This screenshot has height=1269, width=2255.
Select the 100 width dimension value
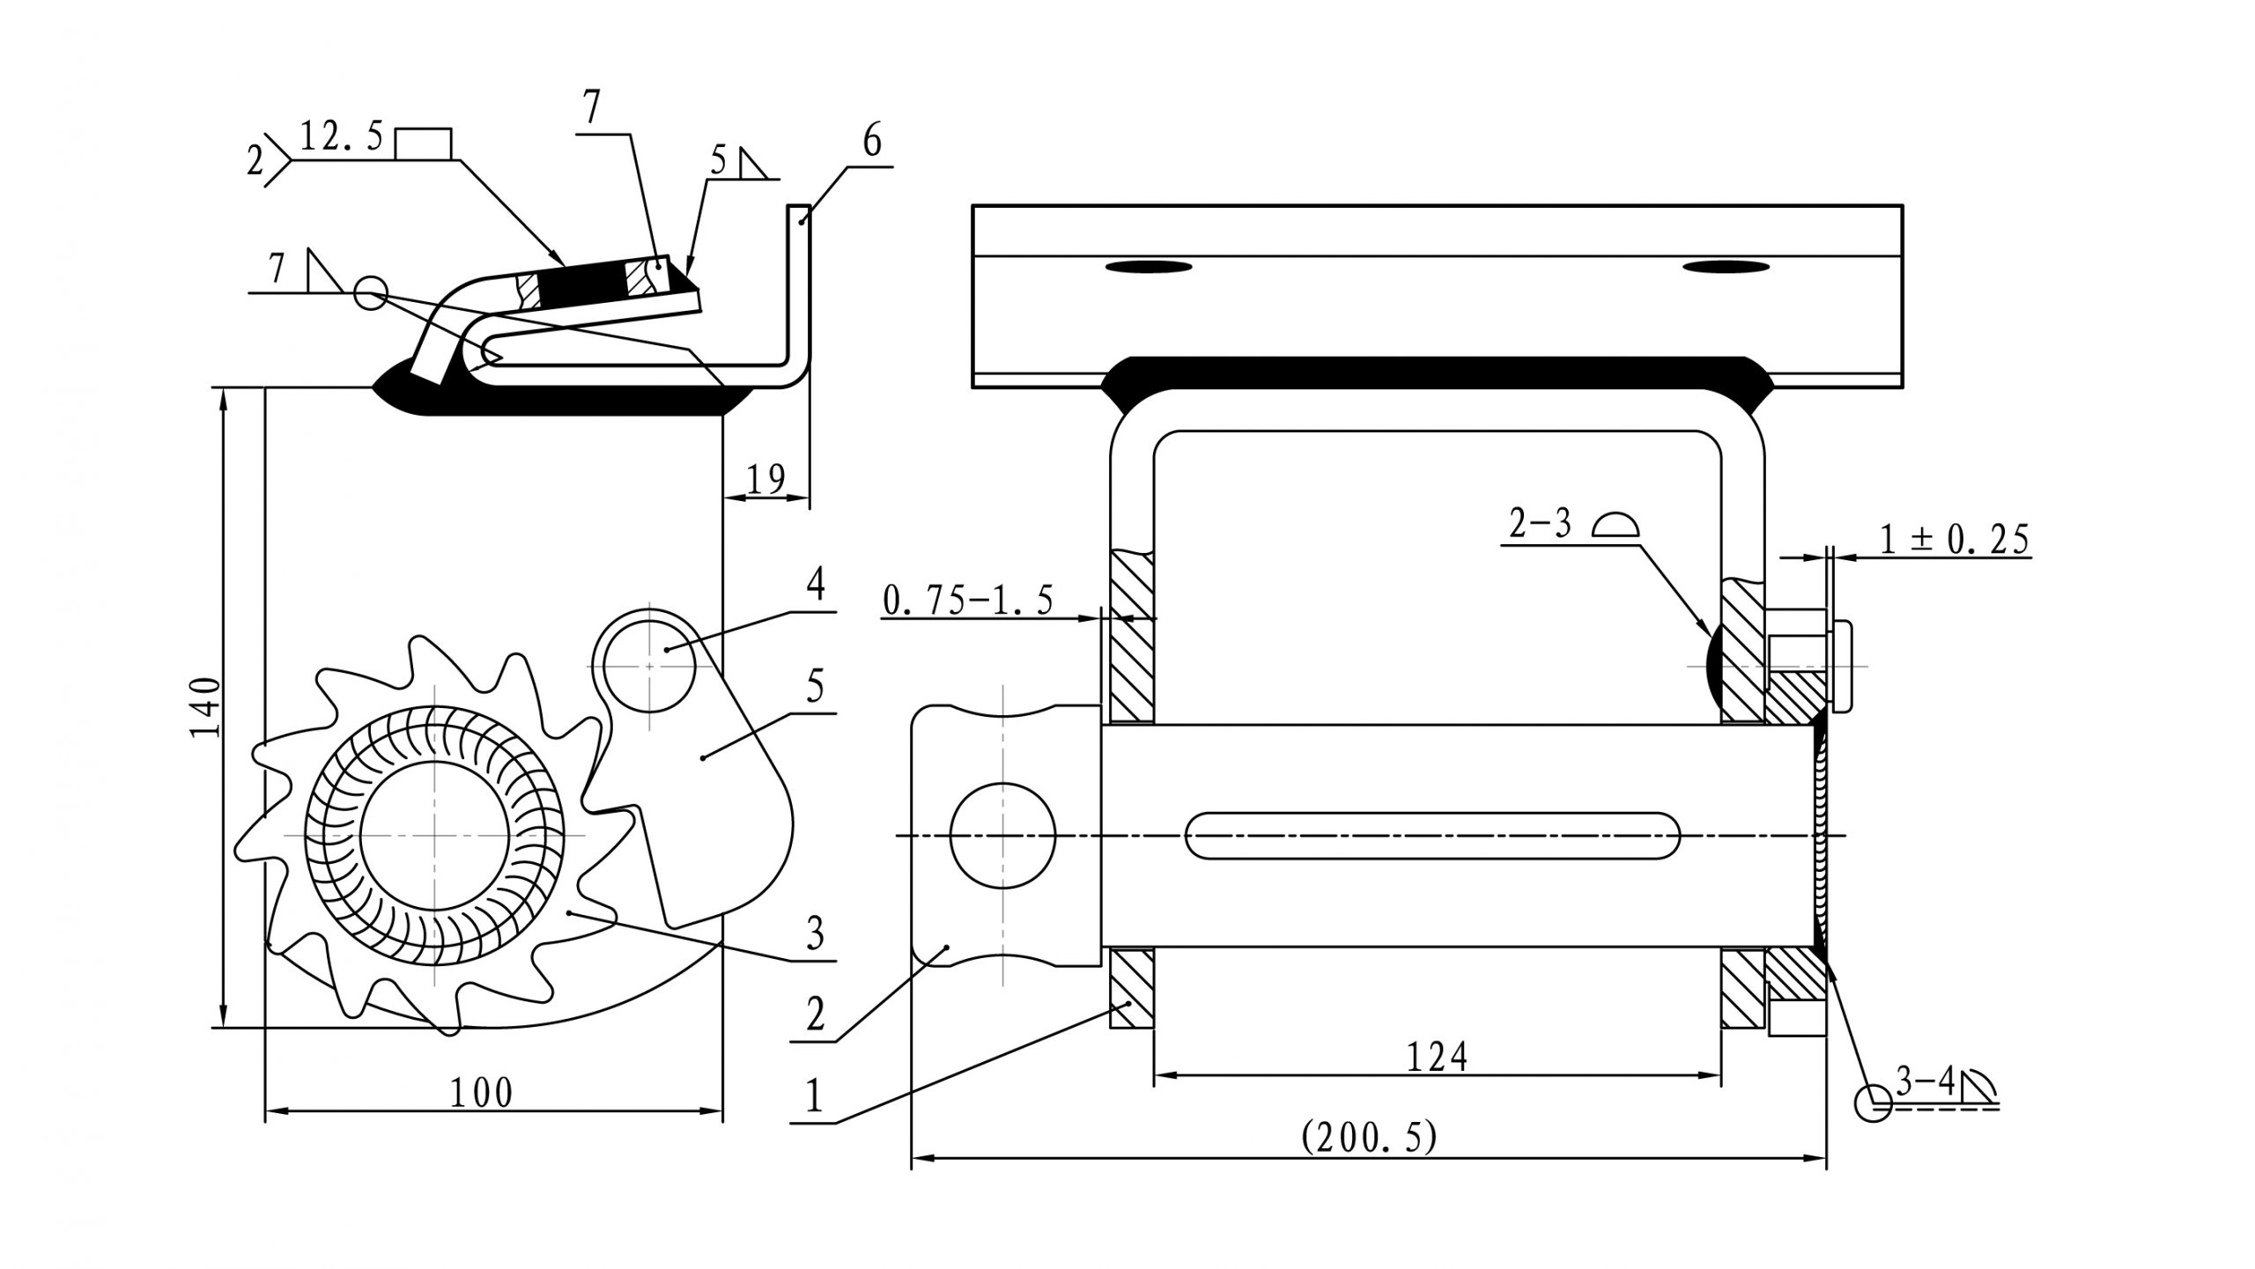[481, 1093]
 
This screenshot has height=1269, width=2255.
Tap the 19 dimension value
[765, 479]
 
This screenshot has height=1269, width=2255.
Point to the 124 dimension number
[1437, 1057]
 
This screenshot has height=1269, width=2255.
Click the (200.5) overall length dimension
[1369, 1137]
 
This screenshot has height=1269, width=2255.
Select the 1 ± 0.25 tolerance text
[1955, 539]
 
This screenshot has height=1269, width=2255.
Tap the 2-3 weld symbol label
[1540, 525]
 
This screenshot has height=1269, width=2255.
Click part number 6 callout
[871, 141]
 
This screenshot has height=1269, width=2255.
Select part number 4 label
[816, 584]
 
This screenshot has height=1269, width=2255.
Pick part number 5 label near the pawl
[815, 686]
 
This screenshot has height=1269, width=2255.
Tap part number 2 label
[815, 1015]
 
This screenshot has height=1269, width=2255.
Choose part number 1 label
[813, 1097]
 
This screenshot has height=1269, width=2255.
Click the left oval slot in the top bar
[1148, 267]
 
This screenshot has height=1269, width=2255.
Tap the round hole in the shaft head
[1002, 835]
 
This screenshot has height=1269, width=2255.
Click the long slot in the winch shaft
[1432, 835]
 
